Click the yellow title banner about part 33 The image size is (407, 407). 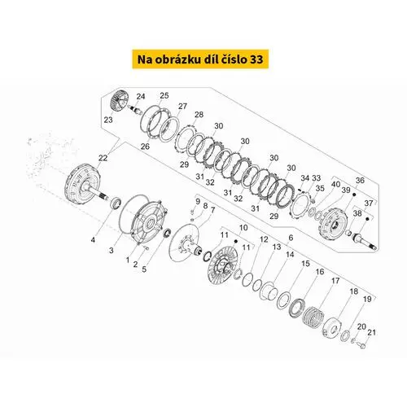[200, 59]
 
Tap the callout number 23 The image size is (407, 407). [108, 120]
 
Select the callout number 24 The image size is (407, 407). [141, 96]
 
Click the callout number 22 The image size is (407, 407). [103, 158]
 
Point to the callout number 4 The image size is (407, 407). [93, 240]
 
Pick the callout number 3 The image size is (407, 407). [112, 250]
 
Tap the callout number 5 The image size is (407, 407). [144, 269]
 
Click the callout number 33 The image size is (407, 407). [317, 178]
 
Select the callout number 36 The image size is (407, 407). [360, 180]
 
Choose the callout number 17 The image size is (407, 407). [335, 281]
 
